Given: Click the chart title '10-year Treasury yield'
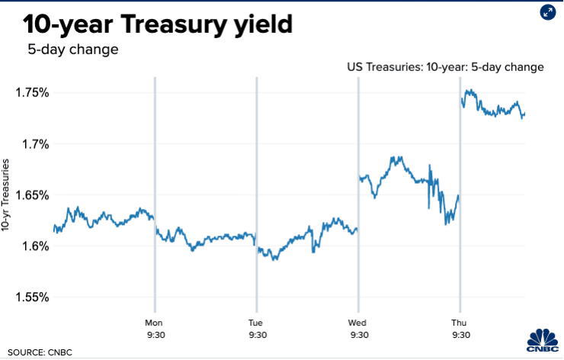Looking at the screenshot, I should (158, 24).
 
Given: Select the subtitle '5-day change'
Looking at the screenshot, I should (73, 50).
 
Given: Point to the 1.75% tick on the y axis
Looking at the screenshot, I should (32, 93).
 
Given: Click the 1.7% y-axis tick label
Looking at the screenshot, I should (35, 144).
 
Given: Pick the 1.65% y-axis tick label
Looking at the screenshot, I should (32, 195).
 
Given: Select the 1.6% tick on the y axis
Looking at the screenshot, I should (35, 246).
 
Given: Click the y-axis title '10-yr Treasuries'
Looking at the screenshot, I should (8, 195).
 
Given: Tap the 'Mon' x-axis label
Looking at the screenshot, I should (155, 322).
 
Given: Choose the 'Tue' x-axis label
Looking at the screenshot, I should (256, 322).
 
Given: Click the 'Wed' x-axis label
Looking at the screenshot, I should (358, 322).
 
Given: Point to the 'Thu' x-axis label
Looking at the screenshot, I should (460, 322).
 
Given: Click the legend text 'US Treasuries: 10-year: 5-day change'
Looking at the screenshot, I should (446, 67).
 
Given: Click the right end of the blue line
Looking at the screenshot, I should (525, 114).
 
